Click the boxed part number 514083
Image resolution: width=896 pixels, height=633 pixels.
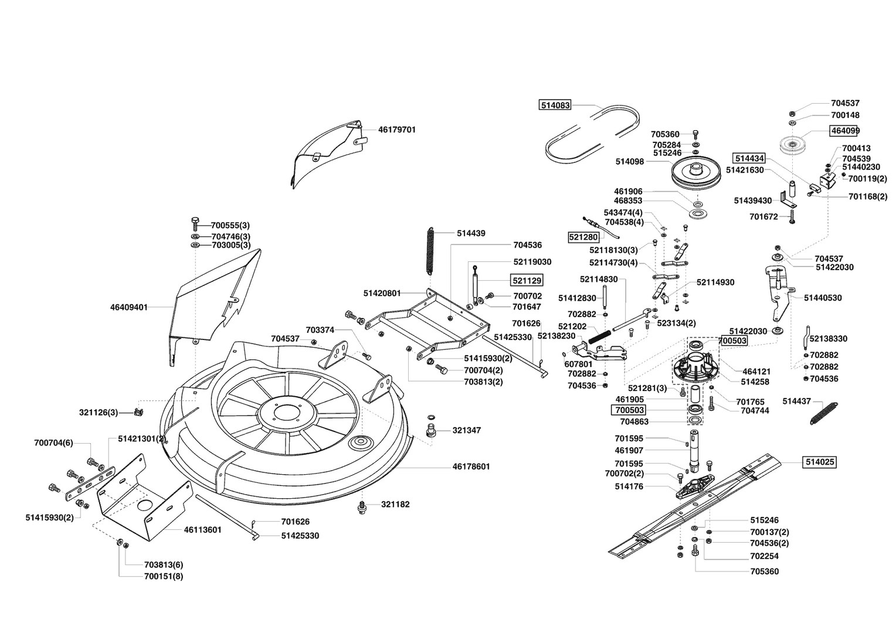[555, 105]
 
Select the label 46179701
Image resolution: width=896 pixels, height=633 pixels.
[397, 130]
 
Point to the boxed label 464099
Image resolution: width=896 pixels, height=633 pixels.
[845, 131]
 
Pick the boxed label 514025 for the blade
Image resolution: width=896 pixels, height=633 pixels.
[820, 462]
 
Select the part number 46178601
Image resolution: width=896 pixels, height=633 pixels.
[471, 467]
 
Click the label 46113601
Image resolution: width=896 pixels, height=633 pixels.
[202, 530]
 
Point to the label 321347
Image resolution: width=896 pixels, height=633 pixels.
[467, 430]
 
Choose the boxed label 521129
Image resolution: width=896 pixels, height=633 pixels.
[527, 280]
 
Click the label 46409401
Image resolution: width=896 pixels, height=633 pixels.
[129, 307]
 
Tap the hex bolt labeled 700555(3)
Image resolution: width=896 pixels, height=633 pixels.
[195, 224]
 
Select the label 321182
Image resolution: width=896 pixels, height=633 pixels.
[395, 504]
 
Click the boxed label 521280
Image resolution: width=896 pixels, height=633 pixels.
[583, 237]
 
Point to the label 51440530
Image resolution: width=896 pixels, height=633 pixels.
[823, 298]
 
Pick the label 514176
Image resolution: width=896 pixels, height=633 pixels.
[629, 486]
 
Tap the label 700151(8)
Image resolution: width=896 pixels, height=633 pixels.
[164, 576]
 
